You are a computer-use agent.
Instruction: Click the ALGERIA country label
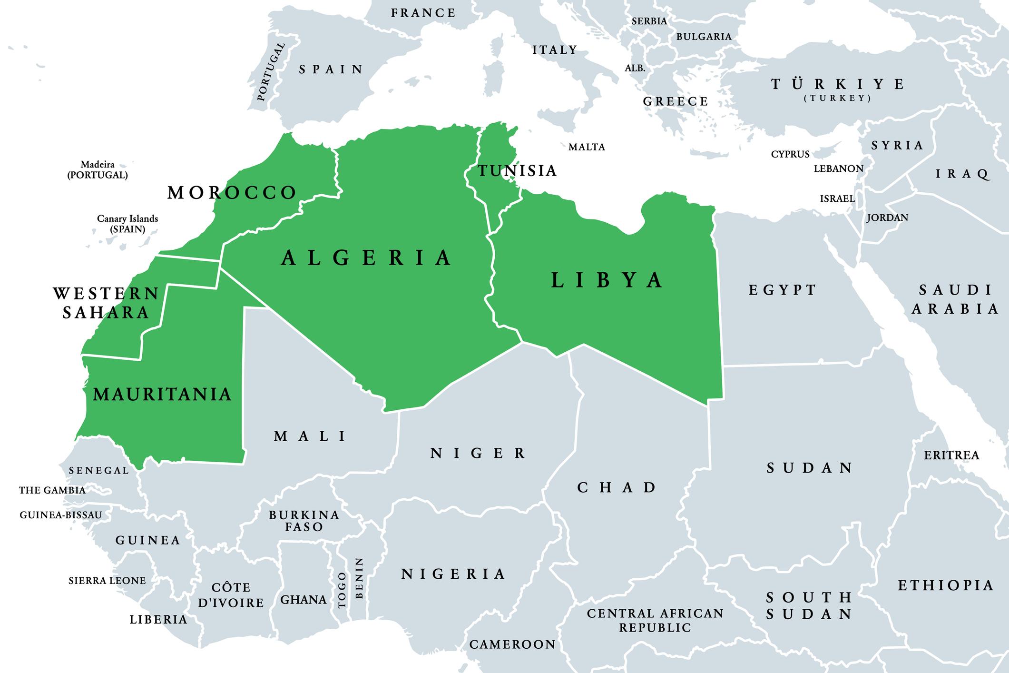pos(366,258)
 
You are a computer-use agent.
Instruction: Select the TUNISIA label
pos(517,170)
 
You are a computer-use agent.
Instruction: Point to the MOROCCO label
pos(232,193)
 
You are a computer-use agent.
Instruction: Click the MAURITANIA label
pos(162,394)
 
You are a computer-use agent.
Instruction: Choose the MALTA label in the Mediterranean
pos(587,147)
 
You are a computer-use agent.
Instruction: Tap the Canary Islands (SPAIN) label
pos(127,224)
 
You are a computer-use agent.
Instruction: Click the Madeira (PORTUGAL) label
pos(98,169)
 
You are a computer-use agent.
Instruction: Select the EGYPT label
pos(783,289)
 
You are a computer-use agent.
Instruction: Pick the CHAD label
pos(617,487)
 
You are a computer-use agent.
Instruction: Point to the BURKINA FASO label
pos(304,521)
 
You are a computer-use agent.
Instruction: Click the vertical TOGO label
pos(342,590)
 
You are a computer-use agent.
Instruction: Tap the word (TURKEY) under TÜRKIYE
pos(837,98)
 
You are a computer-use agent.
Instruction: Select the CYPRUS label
pos(790,154)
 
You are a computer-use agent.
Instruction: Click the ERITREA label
pos(951,455)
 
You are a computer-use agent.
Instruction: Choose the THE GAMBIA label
pos(52,490)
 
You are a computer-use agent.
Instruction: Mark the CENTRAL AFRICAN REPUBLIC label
pos(655,620)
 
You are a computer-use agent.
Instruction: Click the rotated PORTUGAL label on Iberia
pos(271,72)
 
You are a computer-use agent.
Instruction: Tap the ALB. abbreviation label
pos(635,68)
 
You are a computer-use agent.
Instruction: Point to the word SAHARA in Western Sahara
pos(106,313)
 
